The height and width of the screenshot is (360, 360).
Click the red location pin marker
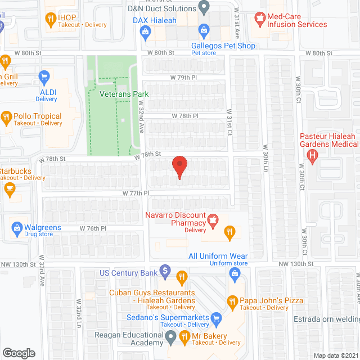click(179, 167)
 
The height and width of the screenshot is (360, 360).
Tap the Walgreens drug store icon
click(16, 228)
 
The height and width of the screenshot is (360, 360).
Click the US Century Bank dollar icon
click(165, 271)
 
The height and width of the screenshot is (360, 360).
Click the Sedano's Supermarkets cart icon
click(216, 319)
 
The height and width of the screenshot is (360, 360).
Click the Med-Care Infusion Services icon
click(259, 21)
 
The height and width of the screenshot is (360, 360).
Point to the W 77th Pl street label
click(136, 193)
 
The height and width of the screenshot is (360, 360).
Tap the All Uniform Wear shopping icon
click(235, 273)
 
